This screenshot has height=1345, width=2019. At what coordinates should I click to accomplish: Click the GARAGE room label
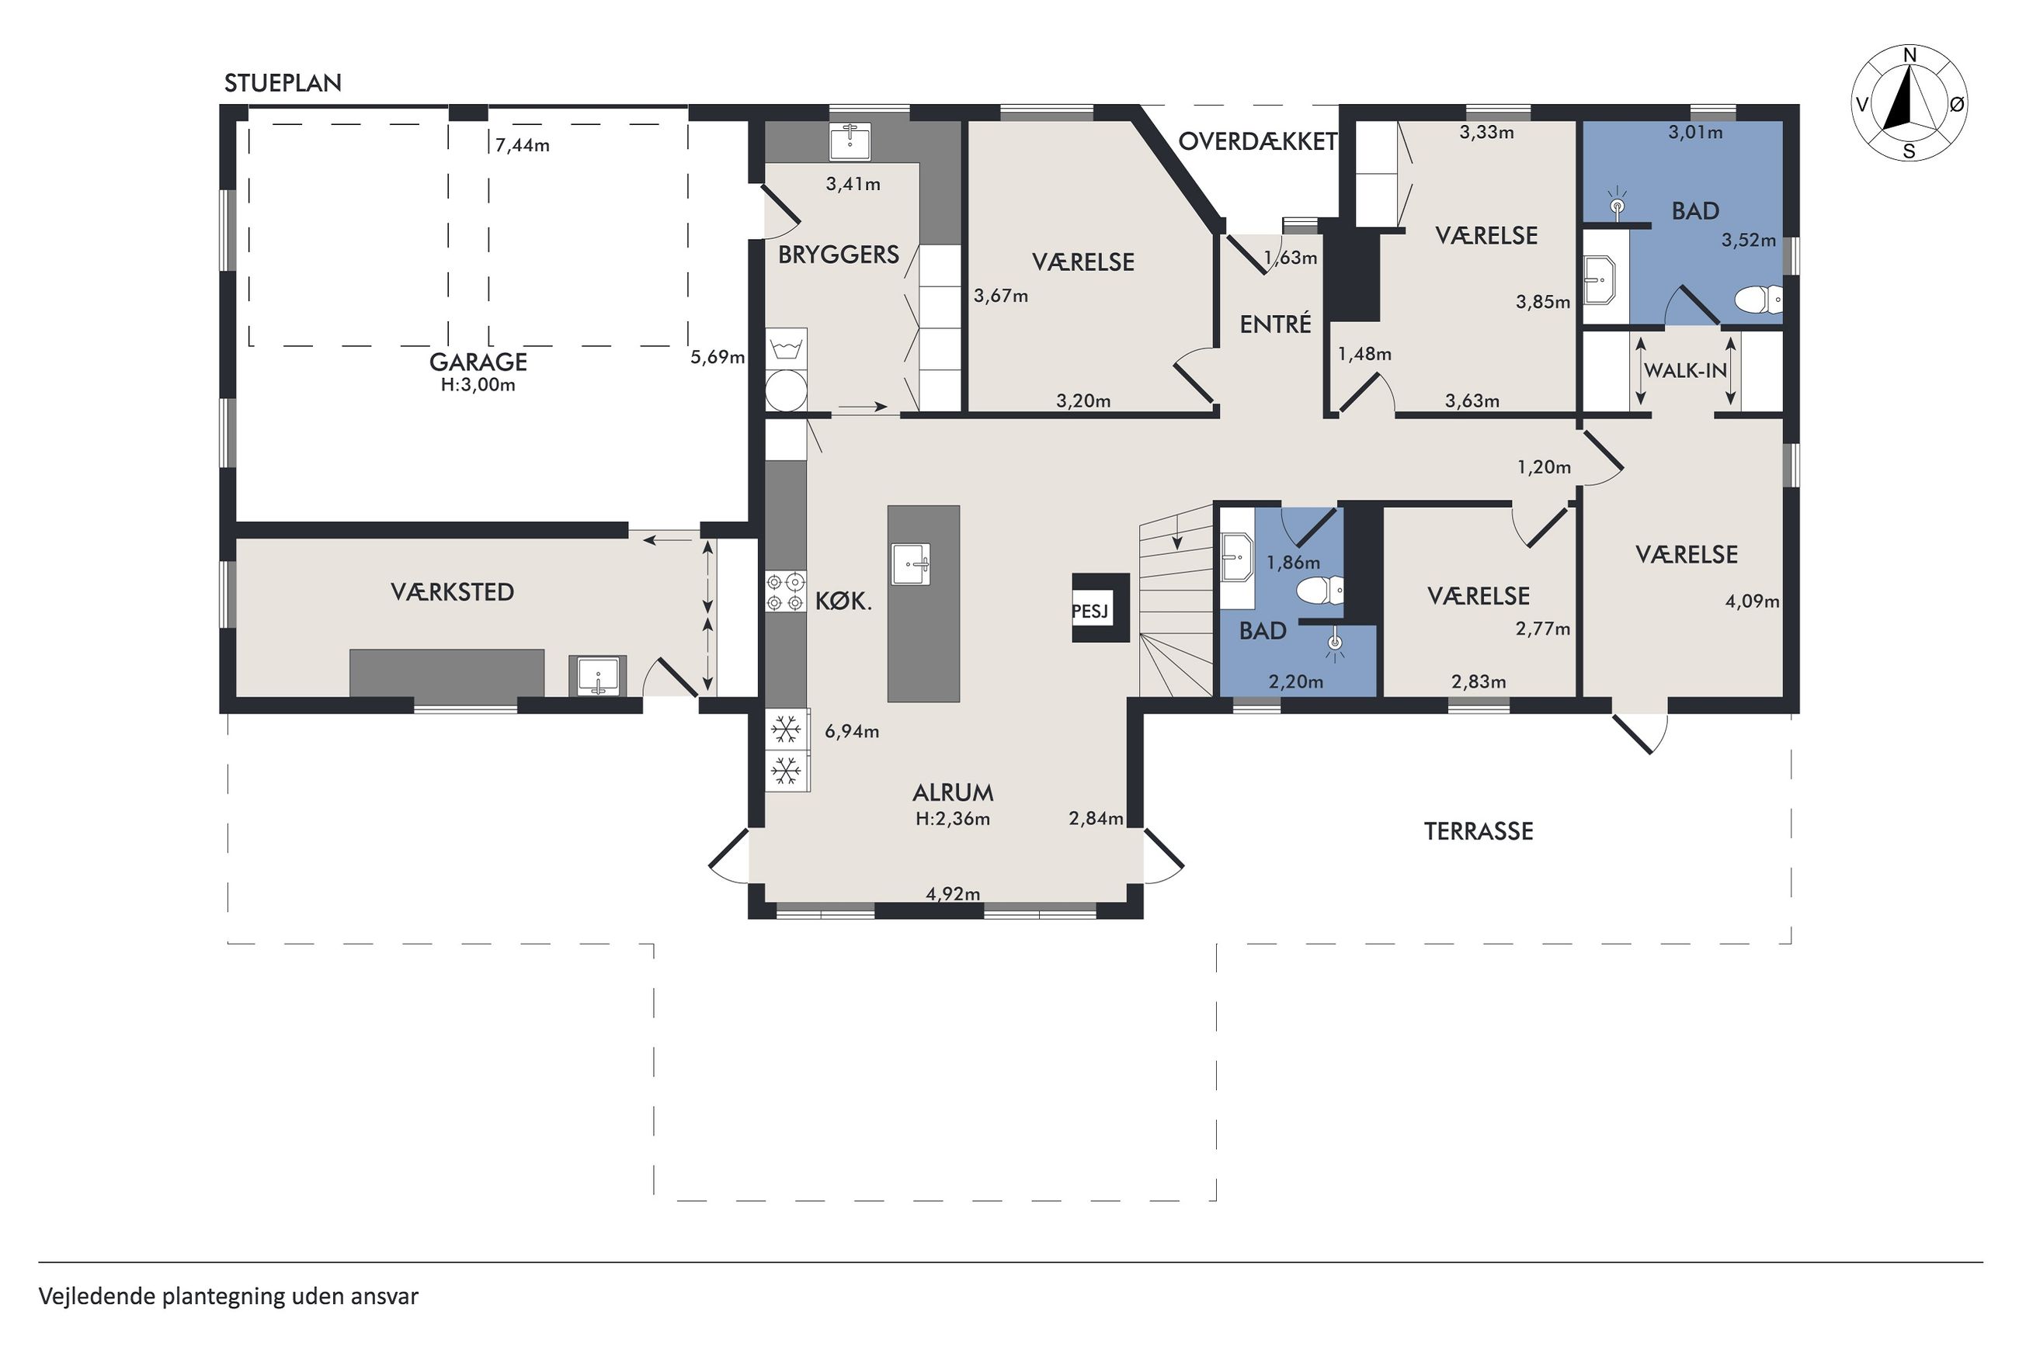(478, 361)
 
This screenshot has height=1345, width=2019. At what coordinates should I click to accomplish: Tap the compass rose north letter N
(1910, 56)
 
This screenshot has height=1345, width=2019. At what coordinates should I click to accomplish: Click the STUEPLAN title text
(283, 83)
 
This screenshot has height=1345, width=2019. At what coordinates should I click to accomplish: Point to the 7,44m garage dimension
(523, 145)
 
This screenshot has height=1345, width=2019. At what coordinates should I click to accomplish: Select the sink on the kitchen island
(911, 563)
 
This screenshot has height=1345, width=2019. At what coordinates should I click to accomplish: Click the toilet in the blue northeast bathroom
(1758, 300)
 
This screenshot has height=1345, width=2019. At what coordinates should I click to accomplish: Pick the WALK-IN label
(1685, 370)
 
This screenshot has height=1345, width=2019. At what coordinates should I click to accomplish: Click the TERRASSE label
(1479, 831)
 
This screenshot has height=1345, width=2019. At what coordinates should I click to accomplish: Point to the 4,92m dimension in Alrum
(953, 894)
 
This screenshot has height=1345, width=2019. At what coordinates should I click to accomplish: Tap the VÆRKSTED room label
(452, 592)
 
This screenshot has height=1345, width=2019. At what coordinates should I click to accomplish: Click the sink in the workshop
(597, 676)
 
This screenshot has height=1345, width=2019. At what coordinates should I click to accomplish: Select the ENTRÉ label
(1276, 324)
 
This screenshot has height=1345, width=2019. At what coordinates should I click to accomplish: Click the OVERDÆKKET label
(1258, 141)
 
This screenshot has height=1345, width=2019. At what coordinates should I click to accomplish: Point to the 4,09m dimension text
(1752, 601)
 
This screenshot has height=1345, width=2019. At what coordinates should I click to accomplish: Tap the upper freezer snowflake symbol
(786, 730)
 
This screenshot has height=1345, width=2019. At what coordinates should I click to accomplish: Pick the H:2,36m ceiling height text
(953, 819)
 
